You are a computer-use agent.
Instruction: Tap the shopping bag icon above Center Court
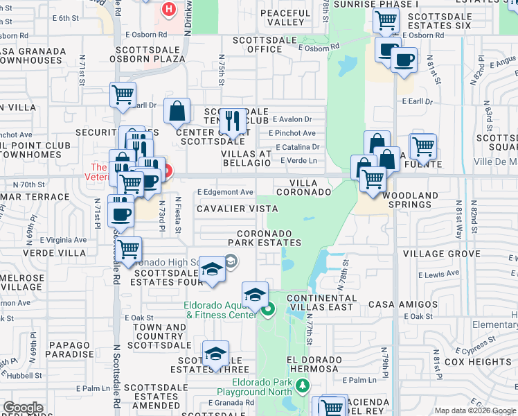(178, 111)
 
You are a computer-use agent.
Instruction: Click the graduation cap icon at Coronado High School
(213, 269)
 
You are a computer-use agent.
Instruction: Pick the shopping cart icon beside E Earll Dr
(123, 94)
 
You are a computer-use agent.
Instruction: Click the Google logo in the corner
(23, 408)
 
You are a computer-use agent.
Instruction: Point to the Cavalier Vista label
(237, 209)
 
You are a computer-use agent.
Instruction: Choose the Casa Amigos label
(403, 304)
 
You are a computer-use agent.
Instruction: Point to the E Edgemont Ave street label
(225, 192)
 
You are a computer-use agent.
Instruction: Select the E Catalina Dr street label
(297, 147)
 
